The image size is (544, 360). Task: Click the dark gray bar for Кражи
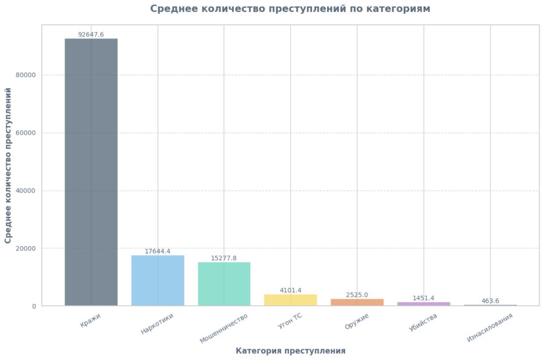91,172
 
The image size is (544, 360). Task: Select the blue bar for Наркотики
157,280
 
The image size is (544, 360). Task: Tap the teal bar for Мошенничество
224,284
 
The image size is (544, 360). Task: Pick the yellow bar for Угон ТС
290,300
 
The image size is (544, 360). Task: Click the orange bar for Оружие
357,302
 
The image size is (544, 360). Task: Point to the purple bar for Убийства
423,304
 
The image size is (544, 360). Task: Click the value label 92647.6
91,34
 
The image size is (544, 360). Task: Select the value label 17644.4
157,251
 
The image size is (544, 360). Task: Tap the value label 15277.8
224,258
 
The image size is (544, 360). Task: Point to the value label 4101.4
290,291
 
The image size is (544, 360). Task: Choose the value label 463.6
490,301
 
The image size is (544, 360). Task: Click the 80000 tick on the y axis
25,75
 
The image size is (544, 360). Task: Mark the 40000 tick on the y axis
25,191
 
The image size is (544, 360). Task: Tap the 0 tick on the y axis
34,306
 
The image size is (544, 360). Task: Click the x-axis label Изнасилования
490,327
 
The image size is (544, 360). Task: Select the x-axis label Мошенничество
224,328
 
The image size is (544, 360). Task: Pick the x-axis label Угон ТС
290,320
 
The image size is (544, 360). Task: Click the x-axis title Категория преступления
290,351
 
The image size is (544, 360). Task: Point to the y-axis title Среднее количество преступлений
8,166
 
